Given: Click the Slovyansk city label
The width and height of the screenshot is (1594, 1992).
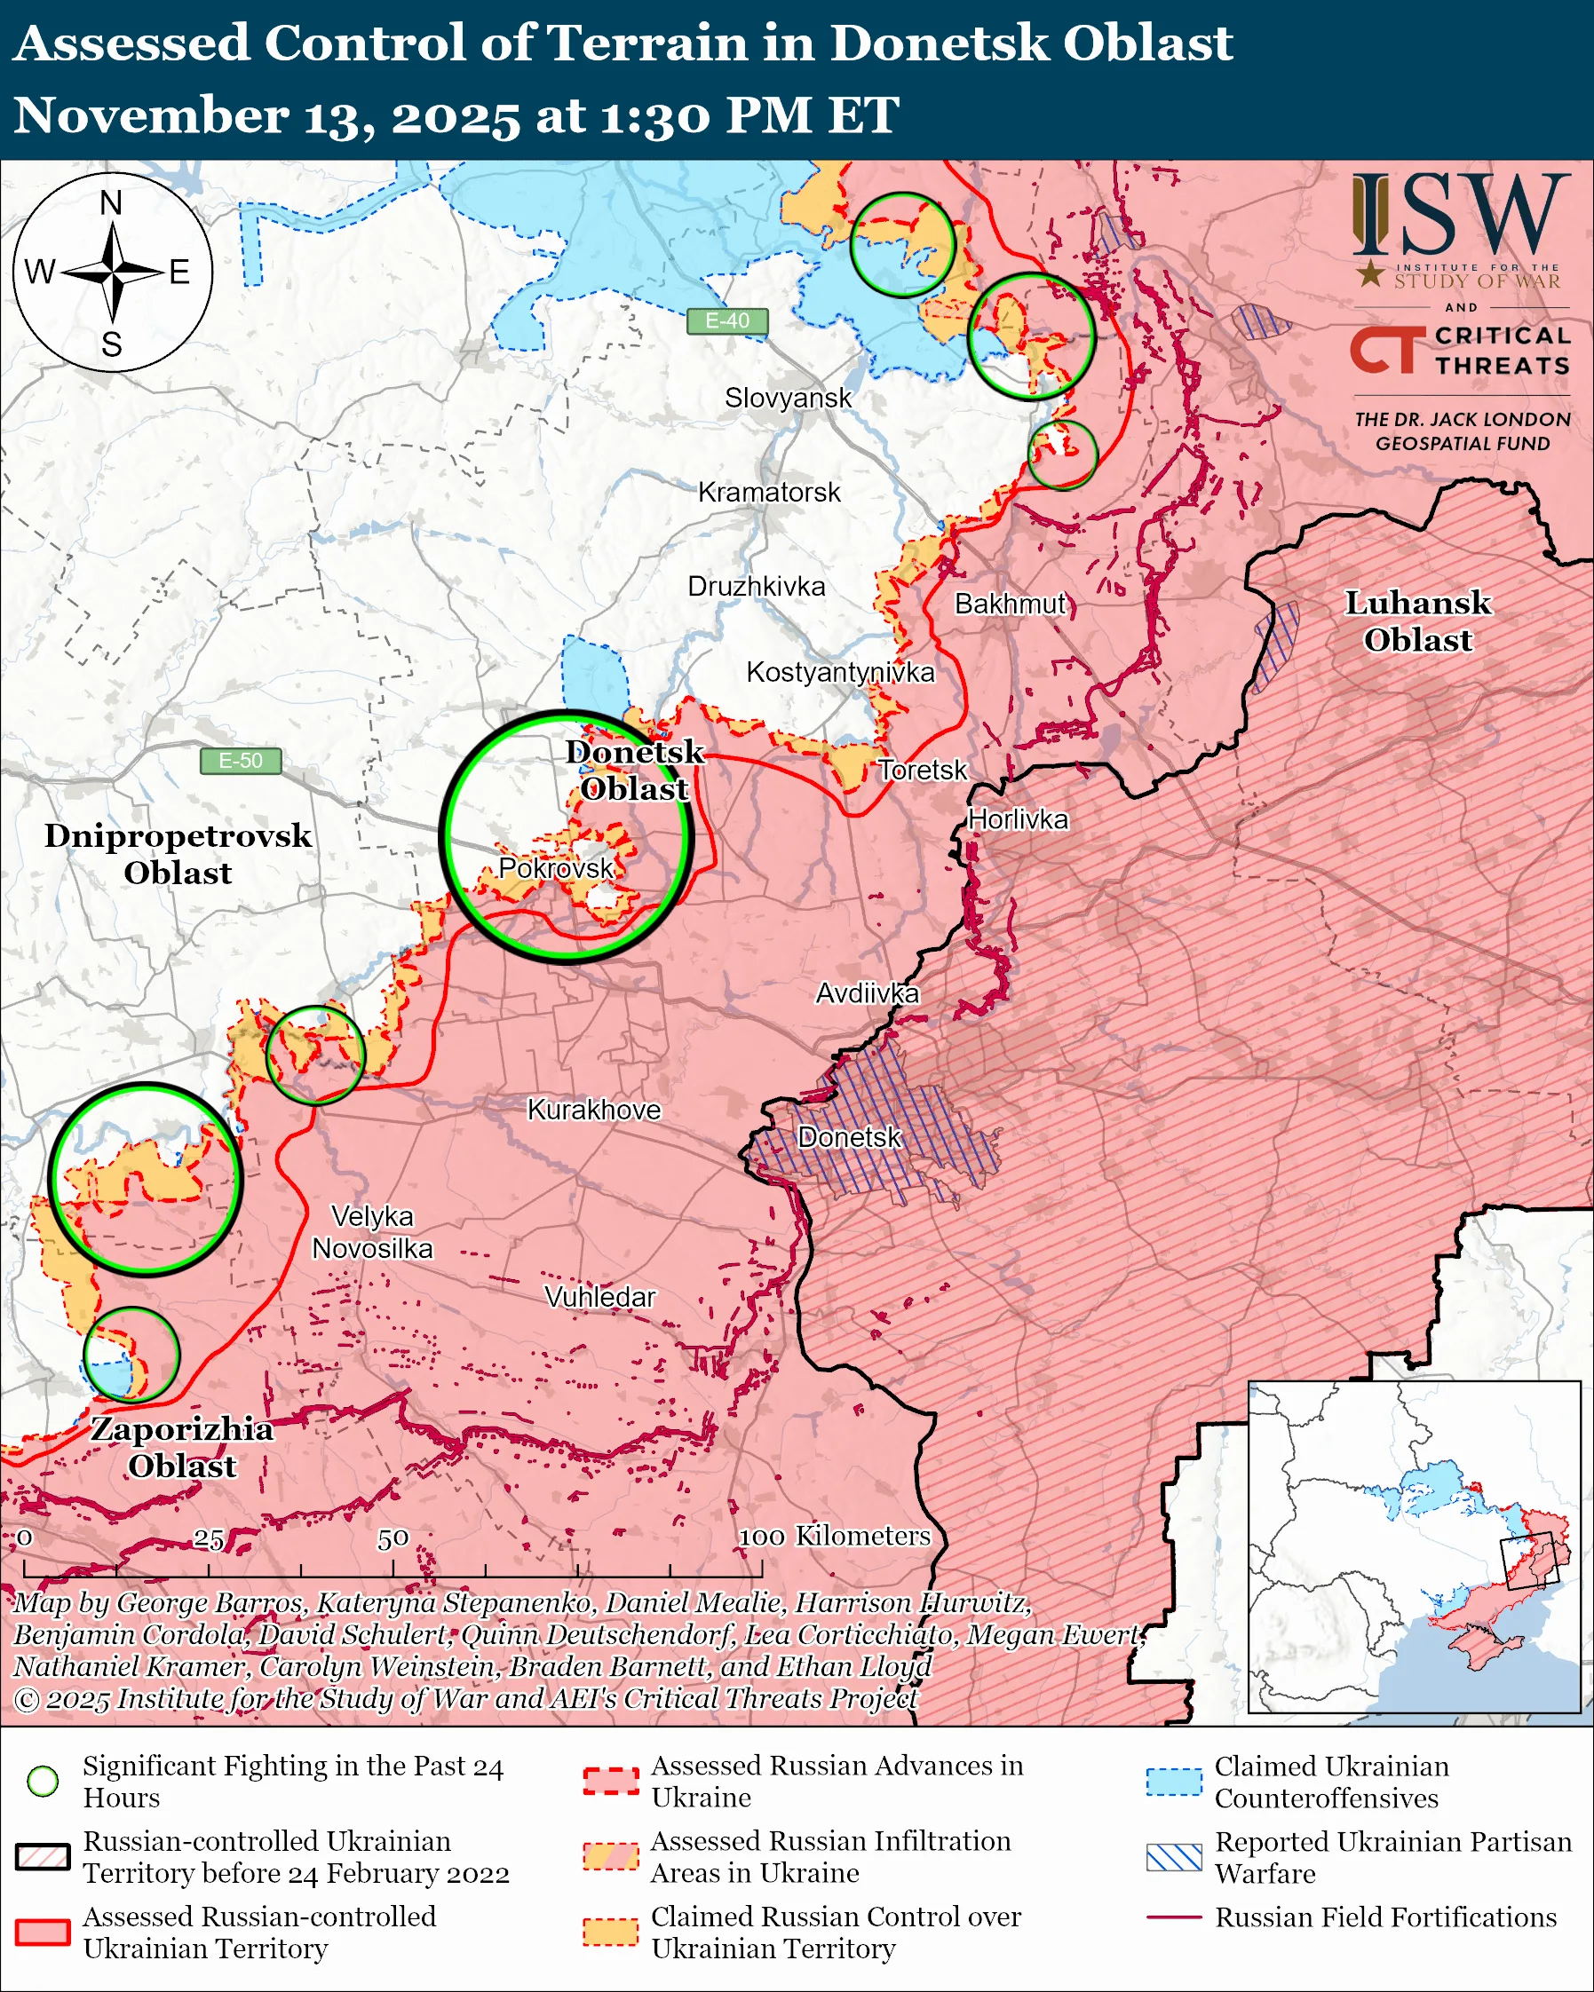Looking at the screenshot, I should click(788, 399).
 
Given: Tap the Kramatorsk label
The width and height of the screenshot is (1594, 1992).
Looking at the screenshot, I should click(769, 493).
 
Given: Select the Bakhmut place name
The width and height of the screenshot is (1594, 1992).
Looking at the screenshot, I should click(1010, 605).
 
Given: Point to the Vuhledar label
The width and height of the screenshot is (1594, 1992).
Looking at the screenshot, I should click(599, 1297).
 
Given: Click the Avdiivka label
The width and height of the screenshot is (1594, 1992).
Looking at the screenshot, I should click(867, 993).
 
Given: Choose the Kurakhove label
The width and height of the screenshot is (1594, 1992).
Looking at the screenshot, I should click(593, 1110).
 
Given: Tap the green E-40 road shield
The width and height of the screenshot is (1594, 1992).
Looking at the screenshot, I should click(727, 320).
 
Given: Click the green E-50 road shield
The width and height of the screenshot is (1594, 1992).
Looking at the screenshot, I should click(241, 761).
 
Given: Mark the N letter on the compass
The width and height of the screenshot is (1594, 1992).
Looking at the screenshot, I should click(111, 203).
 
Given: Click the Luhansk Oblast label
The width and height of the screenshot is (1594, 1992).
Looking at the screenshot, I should click(1417, 621).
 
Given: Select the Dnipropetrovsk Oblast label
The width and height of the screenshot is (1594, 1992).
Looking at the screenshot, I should click(178, 854).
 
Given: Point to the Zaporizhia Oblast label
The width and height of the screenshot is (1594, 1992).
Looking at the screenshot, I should click(182, 1447).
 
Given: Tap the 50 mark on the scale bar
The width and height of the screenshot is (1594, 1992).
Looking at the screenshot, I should click(393, 1538).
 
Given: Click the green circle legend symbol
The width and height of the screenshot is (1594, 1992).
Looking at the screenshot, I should click(44, 1781).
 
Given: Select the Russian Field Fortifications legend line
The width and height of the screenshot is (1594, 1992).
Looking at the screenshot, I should click(1174, 1917).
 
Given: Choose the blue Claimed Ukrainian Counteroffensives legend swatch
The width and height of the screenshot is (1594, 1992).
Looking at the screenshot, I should click(1174, 1782).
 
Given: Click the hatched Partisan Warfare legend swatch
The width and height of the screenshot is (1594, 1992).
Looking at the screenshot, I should click(1174, 1857).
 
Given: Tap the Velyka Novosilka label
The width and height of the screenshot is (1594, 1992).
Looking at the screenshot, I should click(372, 1232).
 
